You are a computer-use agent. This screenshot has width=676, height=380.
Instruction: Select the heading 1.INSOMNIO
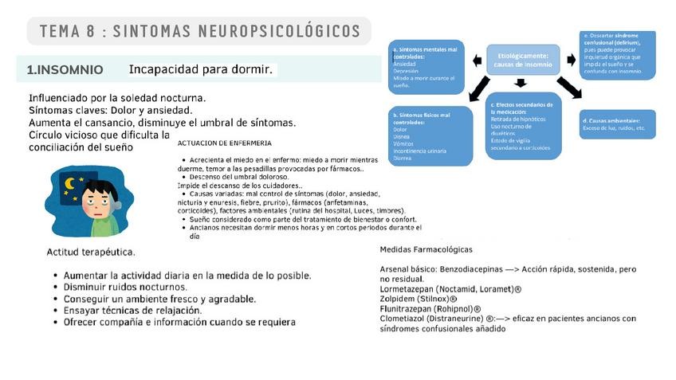pos(65,70)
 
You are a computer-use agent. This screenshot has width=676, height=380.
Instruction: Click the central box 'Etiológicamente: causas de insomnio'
pos(523,60)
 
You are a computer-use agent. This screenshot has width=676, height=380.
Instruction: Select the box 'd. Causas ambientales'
pos(618,124)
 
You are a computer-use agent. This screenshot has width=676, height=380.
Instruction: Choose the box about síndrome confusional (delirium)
pos(618,54)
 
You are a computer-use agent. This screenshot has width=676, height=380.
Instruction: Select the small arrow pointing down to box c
pos(521,83)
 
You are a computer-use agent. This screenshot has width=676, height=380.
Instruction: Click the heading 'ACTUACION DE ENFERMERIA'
pos(224,143)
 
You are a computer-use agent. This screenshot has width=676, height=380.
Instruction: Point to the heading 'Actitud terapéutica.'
pos(90,253)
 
